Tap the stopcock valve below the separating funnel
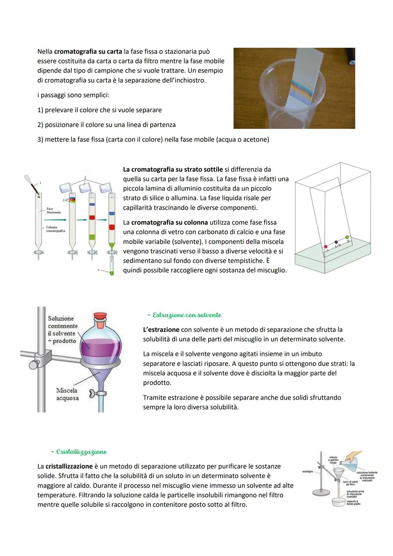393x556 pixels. click(99, 393)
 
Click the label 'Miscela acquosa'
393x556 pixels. click(67, 394)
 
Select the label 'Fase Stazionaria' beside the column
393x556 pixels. click(53, 210)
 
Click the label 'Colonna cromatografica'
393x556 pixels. click(55, 229)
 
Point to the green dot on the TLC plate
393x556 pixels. click(347, 237)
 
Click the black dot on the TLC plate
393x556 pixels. click(336, 242)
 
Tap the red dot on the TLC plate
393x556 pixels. click(326, 247)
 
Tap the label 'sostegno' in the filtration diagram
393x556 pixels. click(307, 472)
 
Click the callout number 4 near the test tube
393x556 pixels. click(98, 270)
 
